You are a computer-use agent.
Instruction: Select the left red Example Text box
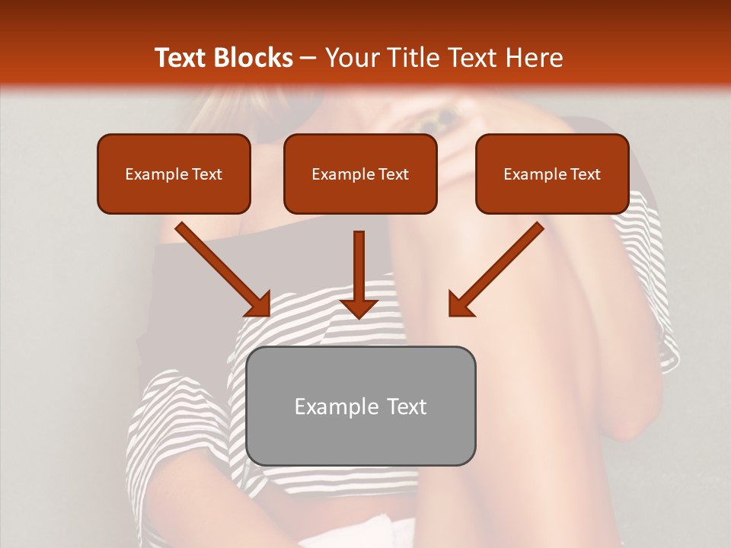(x=174, y=174)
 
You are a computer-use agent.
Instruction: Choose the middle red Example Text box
(x=360, y=174)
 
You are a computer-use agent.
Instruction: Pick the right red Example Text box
(x=552, y=174)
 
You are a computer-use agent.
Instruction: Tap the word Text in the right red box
(x=585, y=174)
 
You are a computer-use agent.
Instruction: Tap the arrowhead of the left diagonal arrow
(x=260, y=304)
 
